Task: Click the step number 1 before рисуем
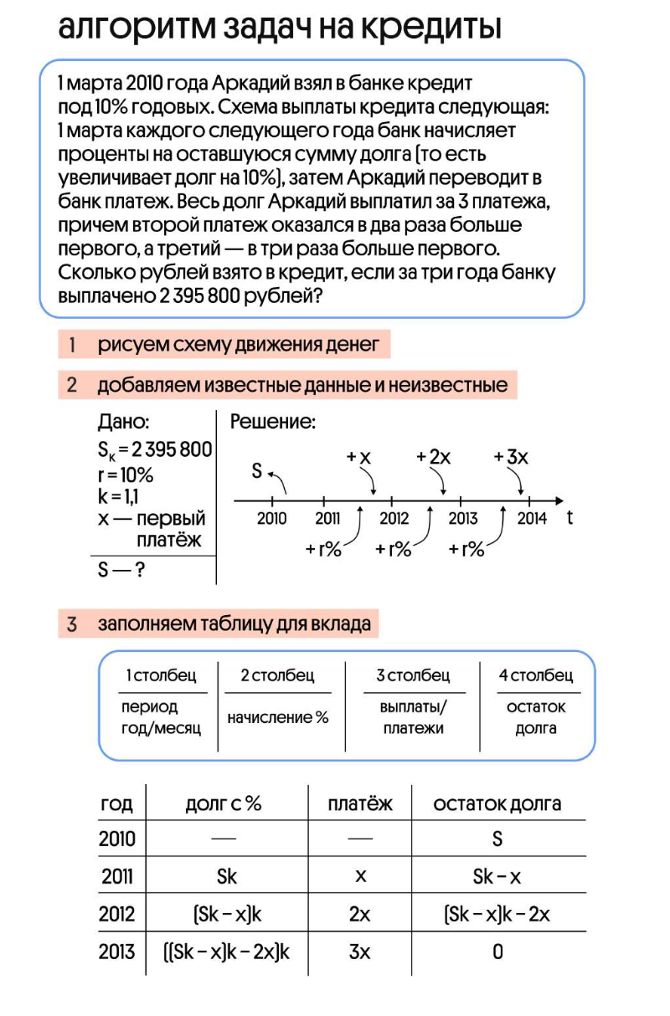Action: [x=74, y=344]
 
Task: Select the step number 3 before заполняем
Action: [x=73, y=623]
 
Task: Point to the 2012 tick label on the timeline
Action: [x=394, y=518]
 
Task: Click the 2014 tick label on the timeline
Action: [x=532, y=518]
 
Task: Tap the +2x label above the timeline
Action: [x=434, y=457]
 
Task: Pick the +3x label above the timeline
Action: [x=511, y=457]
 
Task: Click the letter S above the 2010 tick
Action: [x=258, y=471]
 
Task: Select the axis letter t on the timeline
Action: [x=570, y=517]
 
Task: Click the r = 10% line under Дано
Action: [x=126, y=475]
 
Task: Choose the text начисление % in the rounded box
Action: [x=278, y=717]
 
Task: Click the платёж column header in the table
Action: [x=360, y=803]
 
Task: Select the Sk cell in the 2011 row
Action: [x=226, y=876]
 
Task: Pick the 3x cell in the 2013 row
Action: [x=359, y=952]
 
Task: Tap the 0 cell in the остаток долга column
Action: [x=497, y=952]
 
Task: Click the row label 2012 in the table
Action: [x=116, y=914]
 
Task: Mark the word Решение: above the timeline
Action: [x=272, y=423]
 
